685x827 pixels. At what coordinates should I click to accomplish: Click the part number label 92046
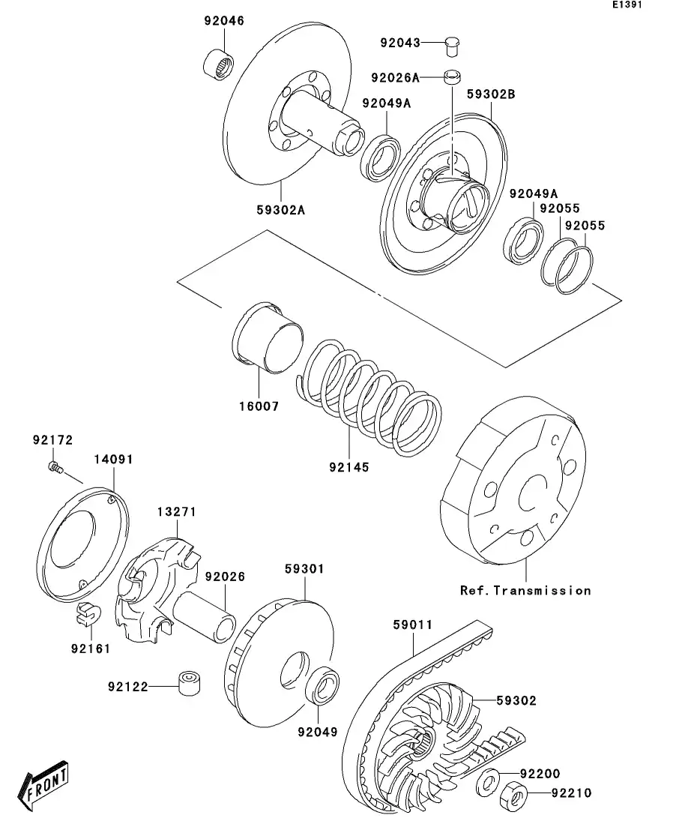point(223,21)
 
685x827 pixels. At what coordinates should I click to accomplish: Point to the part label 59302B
point(491,94)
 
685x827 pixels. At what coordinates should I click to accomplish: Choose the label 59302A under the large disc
point(280,210)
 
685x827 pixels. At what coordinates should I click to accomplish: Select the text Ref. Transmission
point(525,590)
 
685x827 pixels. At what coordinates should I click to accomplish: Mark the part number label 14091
point(113,459)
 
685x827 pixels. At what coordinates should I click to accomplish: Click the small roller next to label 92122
point(187,684)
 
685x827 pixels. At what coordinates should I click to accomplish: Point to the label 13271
point(176,511)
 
